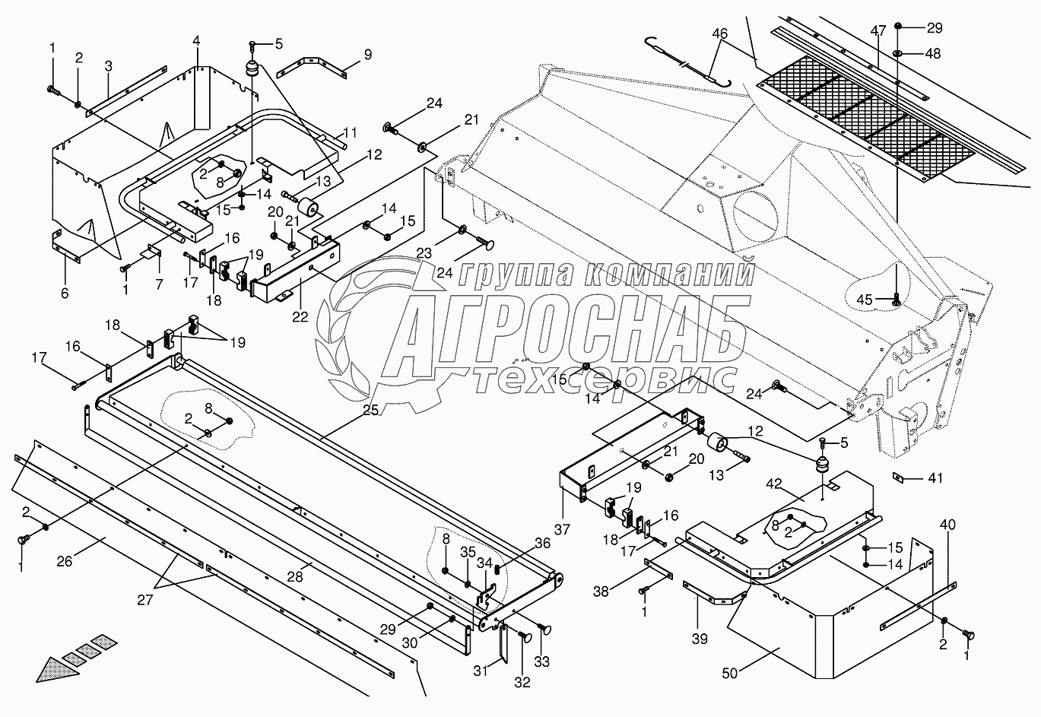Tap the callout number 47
coord(878,31)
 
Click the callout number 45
coord(865,300)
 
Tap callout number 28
coord(295,577)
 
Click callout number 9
coord(367,54)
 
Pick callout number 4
coord(196,40)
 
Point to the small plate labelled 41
coord(897,477)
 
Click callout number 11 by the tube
coord(350,131)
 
